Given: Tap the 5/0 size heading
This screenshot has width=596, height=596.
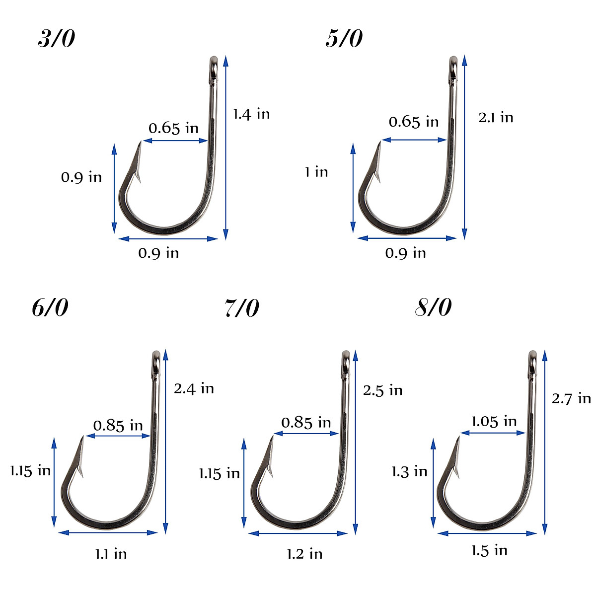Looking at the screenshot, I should (344, 39).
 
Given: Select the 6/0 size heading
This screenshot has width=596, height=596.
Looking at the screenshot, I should (50, 308).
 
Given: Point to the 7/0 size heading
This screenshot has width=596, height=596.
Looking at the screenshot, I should (241, 308).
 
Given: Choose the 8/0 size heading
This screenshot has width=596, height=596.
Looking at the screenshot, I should (433, 308).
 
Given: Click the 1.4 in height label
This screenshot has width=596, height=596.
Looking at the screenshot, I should (251, 114).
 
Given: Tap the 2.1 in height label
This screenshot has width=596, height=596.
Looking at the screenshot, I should (495, 118).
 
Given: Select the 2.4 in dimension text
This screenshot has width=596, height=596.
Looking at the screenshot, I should (194, 388).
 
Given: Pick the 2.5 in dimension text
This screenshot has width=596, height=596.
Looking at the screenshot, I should (382, 390).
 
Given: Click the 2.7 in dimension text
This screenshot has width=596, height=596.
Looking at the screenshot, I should (571, 398).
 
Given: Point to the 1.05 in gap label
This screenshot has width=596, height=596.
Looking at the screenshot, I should (494, 422).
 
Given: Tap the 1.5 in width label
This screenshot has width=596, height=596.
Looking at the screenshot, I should (489, 550).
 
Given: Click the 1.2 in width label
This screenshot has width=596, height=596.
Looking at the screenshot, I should (304, 553).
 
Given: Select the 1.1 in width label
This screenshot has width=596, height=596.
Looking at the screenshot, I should (111, 553).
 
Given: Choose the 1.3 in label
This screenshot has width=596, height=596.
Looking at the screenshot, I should (409, 471).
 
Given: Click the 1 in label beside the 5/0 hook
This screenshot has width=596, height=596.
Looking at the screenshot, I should (316, 172).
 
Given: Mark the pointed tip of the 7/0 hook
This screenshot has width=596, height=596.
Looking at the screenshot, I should (272, 437).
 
